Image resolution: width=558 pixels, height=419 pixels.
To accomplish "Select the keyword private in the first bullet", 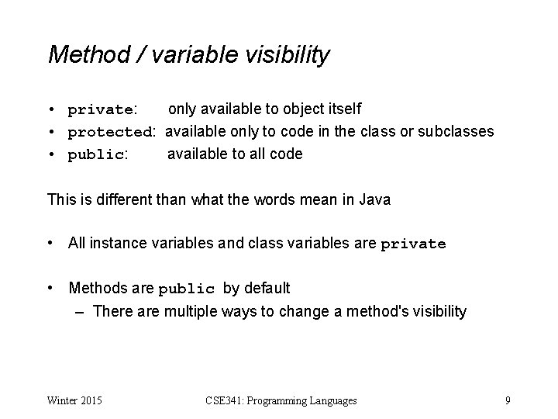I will (x=102, y=110).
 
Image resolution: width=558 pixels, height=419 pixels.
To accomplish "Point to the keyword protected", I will (x=112, y=132).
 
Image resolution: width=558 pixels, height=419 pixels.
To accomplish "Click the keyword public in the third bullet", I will (x=97, y=154).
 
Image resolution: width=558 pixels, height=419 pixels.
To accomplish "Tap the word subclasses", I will (x=456, y=131).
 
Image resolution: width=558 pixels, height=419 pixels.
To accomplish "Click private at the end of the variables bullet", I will (x=413, y=244).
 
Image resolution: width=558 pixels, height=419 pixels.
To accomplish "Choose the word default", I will (x=267, y=289).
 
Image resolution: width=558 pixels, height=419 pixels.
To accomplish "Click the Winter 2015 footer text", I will (x=75, y=400).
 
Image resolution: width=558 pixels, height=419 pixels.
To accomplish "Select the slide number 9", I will (x=507, y=400).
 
